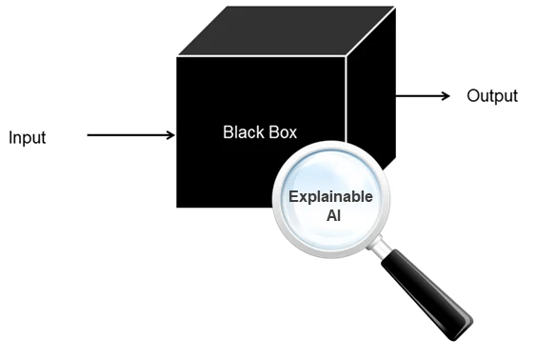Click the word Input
tap(28, 138)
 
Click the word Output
tap(492, 96)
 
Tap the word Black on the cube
tap(244, 132)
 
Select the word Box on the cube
tap(283, 132)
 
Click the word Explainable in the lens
tap(330, 196)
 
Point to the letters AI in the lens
tap(334, 215)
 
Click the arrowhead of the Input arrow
tap(170, 135)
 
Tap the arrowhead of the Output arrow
tap(446, 96)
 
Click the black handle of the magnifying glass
tap(426, 294)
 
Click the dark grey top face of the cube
tap(287, 30)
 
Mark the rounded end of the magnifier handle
tap(463, 330)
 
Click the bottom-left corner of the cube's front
tap(177, 207)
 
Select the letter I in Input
tap(10, 137)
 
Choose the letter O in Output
tap(472, 96)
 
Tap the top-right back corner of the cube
tap(395, 7)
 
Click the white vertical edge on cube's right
tap(346, 99)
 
